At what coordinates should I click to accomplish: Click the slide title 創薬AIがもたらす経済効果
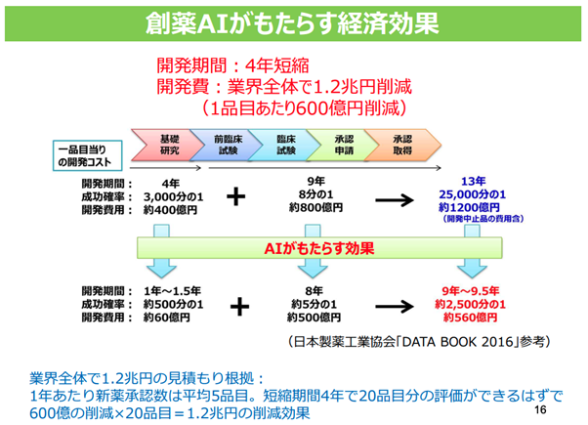293,22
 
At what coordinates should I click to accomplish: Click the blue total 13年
473,182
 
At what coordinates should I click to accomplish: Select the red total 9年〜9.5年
473,290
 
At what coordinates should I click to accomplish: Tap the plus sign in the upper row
235,196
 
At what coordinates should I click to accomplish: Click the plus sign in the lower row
235,305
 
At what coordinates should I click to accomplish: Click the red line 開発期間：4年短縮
233,67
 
